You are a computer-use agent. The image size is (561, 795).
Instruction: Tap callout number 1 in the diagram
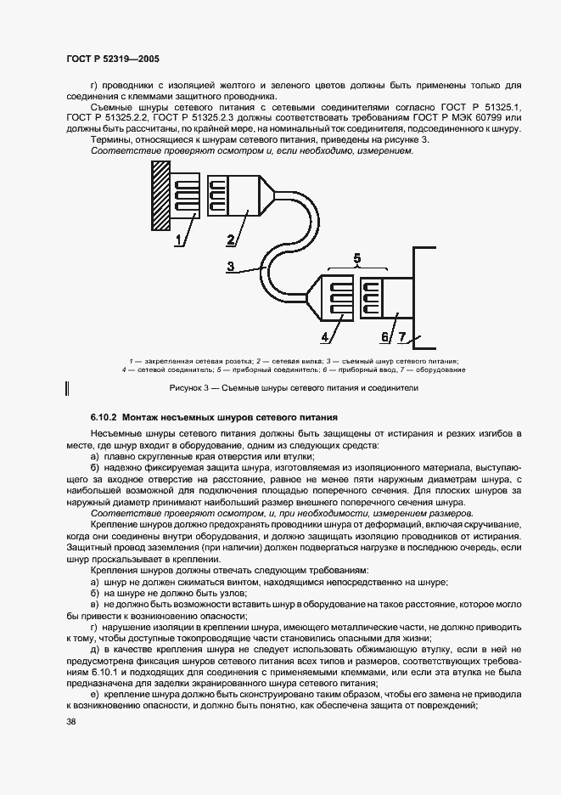click(x=180, y=240)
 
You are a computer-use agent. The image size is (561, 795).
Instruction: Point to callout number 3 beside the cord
click(x=230, y=266)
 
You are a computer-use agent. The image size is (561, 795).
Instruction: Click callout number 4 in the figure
click(x=325, y=337)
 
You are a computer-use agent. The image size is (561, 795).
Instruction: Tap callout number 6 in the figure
click(x=384, y=337)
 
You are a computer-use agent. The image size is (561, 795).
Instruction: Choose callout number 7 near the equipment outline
click(x=402, y=337)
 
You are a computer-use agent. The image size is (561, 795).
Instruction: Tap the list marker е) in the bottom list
click(x=94, y=693)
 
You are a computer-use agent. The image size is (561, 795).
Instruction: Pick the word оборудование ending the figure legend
click(x=446, y=369)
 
